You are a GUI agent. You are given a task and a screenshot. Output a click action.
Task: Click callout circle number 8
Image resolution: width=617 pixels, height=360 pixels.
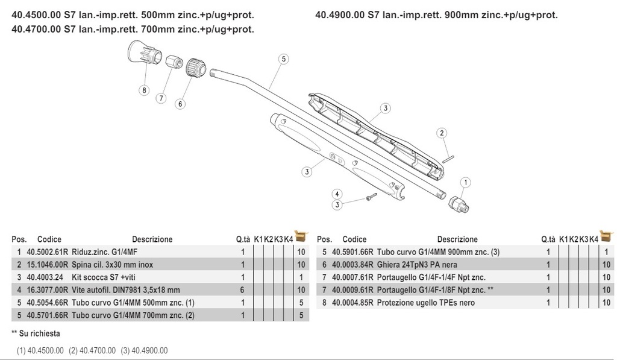click(x=143, y=90)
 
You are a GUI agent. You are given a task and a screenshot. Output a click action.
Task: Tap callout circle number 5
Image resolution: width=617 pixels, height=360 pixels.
click(x=283, y=59)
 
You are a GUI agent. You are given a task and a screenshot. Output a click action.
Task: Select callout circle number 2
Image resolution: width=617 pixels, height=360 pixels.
click(x=441, y=133)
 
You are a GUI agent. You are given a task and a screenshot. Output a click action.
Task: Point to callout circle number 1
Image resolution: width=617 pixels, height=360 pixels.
click(x=466, y=182)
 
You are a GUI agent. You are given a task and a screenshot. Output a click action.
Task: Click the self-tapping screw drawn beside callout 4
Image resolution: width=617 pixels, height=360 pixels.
click(x=370, y=197)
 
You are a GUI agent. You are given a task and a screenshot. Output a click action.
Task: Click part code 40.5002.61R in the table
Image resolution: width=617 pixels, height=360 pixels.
click(x=48, y=252)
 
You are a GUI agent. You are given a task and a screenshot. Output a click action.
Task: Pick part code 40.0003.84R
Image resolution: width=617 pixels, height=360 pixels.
click(x=352, y=265)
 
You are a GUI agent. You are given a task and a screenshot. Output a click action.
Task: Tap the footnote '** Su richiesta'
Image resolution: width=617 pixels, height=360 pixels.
click(x=36, y=333)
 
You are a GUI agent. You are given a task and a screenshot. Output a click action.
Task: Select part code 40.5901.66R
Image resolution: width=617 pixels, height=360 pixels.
click(x=352, y=252)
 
